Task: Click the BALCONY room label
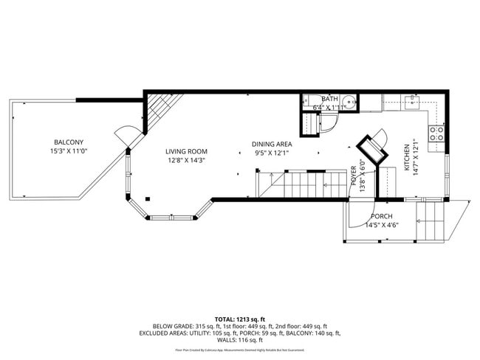(x=68, y=142)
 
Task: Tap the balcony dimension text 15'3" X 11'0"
(x=68, y=152)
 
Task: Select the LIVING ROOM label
(x=185, y=150)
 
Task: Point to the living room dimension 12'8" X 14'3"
(x=185, y=160)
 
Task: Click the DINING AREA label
(x=272, y=144)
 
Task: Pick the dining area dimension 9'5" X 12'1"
(x=272, y=153)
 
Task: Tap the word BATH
(x=329, y=98)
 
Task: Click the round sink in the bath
(x=349, y=103)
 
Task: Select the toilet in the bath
(x=311, y=103)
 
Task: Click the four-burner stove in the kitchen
(x=436, y=134)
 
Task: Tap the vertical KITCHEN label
(x=407, y=158)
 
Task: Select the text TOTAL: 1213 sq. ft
(x=239, y=318)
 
